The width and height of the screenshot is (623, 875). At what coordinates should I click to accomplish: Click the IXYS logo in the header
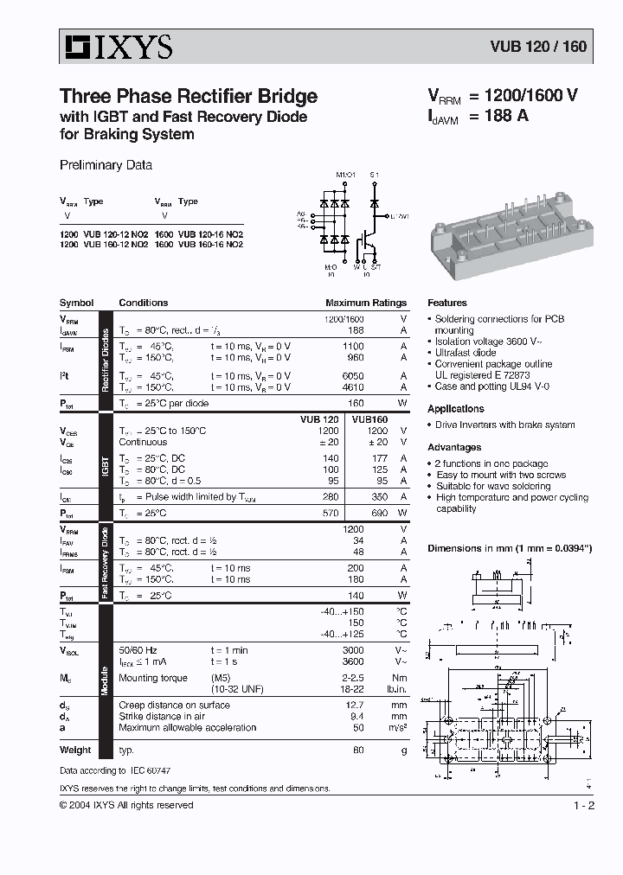(x=116, y=47)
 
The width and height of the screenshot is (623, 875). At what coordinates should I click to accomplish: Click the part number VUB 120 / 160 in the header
(x=539, y=47)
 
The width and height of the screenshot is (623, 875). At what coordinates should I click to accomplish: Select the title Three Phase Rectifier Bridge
(x=188, y=97)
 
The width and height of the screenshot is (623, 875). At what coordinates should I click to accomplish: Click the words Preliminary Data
(x=106, y=165)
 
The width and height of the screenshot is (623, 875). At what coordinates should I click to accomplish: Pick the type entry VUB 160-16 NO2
(x=210, y=245)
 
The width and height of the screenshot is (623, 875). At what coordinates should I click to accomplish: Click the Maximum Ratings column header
(x=365, y=303)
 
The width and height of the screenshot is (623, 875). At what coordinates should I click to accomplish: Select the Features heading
(x=447, y=303)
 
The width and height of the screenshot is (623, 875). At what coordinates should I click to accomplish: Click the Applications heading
(x=456, y=409)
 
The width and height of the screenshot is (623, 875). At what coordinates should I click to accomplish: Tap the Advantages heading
(x=454, y=448)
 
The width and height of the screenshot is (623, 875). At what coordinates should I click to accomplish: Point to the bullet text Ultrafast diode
(x=466, y=353)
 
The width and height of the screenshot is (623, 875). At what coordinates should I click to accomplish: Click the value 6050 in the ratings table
(x=352, y=376)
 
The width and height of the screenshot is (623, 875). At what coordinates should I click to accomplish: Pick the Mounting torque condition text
(x=152, y=679)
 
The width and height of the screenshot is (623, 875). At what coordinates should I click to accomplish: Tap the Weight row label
(x=75, y=750)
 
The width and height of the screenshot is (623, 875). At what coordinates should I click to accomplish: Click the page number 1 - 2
(x=584, y=806)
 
